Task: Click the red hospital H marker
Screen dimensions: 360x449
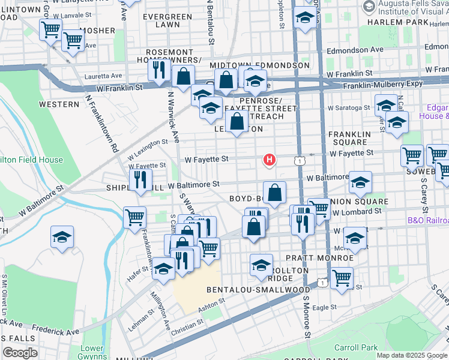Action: pos(270,160)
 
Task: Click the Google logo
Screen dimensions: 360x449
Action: pos(20,353)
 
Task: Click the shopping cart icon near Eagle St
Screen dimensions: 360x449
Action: pos(342,277)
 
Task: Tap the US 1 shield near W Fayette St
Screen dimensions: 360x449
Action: pos(299,160)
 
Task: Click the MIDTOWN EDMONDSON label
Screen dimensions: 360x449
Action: pos(259,65)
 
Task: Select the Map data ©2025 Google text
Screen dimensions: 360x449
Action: pos(411,355)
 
